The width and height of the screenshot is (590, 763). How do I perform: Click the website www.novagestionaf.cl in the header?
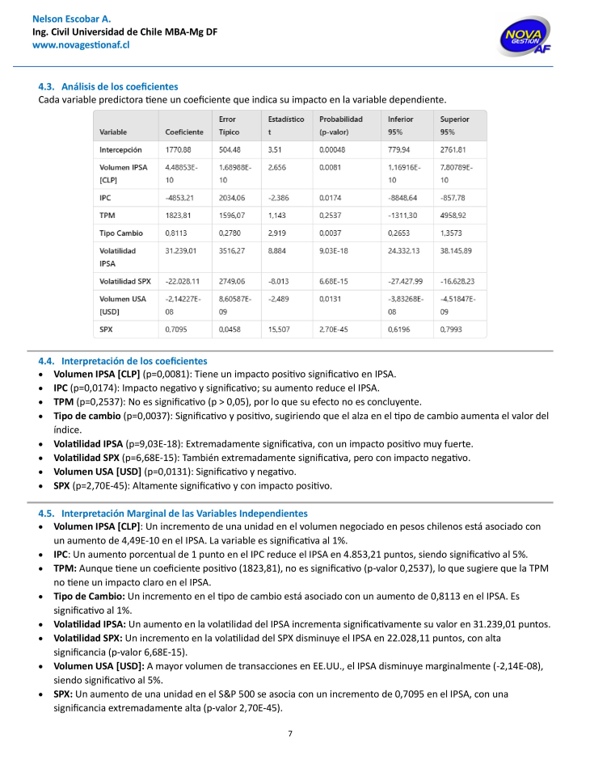pyautogui.click(x=81, y=45)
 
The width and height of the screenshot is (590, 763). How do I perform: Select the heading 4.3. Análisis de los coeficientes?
pyautogui.click(x=108, y=86)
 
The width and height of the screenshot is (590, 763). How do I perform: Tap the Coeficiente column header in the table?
pyautogui.click(x=184, y=132)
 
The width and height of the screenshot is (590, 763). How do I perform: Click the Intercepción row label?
pyautogui.click(x=120, y=150)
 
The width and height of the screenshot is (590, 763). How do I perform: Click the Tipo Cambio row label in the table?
pyautogui.click(x=121, y=233)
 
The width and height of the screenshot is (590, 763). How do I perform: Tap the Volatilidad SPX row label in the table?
pyautogui.click(x=125, y=282)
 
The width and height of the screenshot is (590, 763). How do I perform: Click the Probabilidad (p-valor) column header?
pyautogui.click(x=340, y=125)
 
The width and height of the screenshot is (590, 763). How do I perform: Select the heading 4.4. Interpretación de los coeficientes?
pyautogui.click(x=123, y=361)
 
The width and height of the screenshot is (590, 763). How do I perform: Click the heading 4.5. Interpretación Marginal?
pyautogui.click(x=173, y=513)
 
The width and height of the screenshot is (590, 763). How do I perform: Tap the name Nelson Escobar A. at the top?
pyautogui.click(x=71, y=18)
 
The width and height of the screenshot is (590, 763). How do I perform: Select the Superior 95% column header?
pyautogui.click(x=455, y=125)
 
